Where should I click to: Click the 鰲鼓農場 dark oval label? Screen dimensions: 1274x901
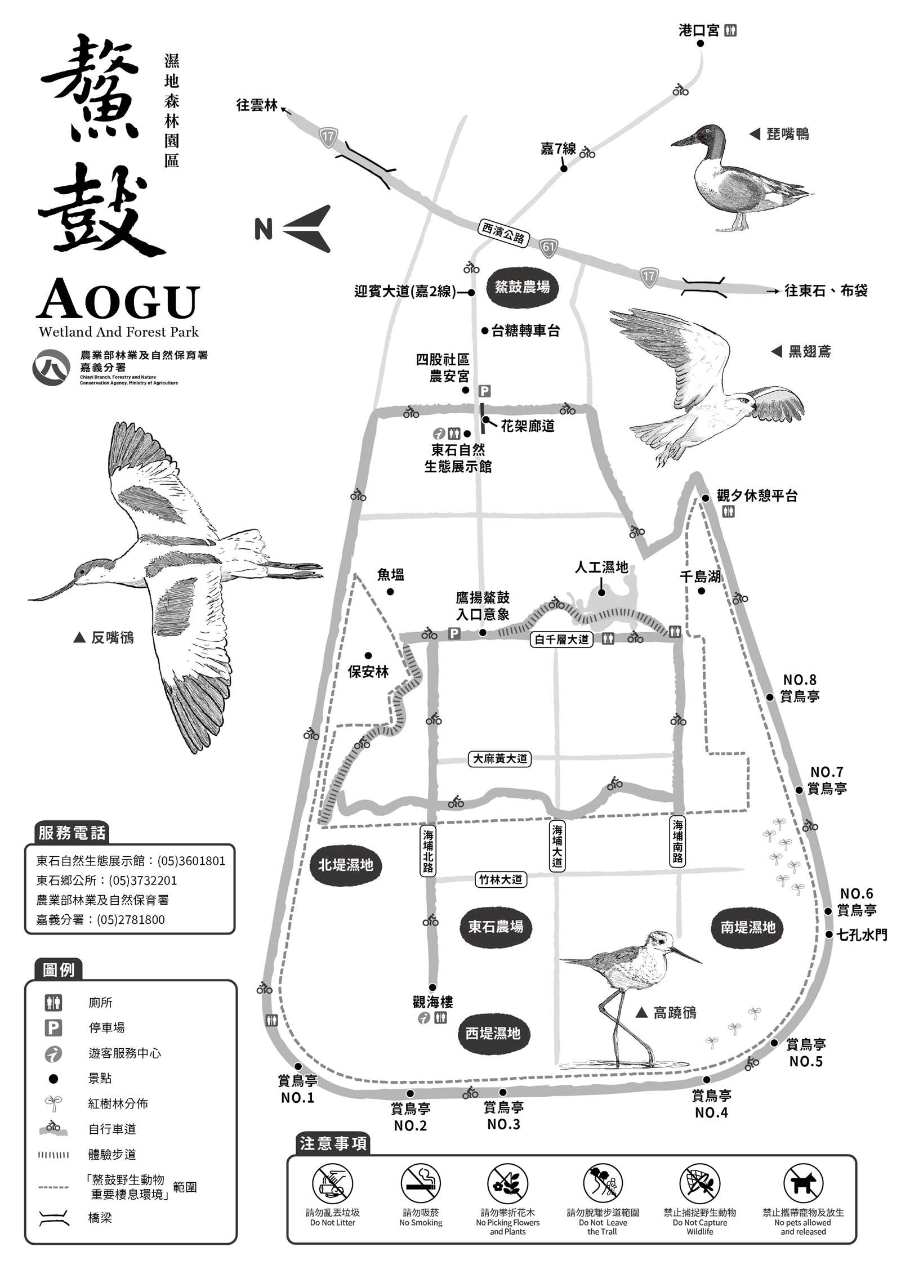click(522, 287)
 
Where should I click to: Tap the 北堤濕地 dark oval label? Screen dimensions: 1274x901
click(346, 865)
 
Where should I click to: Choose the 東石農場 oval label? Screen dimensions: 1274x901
click(496, 926)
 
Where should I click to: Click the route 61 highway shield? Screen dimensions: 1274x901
click(548, 247)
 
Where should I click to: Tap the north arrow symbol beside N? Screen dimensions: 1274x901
click(307, 229)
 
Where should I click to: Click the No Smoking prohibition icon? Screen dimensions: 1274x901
click(421, 1182)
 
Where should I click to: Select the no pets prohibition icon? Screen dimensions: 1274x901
click(803, 1182)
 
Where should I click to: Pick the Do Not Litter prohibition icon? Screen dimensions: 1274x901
click(332, 1182)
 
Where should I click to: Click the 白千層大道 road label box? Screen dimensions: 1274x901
click(561, 640)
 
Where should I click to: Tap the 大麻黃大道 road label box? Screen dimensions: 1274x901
click(500, 759)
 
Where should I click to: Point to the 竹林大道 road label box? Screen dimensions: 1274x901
click(501, 879)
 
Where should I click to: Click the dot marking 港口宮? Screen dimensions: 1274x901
click(701, 43)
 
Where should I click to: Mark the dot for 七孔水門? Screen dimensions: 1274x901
click(829, 935)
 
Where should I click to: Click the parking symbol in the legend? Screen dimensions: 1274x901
click(53, 1028)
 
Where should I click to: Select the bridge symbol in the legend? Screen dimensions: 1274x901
click(54, 1218)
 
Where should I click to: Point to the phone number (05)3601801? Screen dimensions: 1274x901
click(191, 861)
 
